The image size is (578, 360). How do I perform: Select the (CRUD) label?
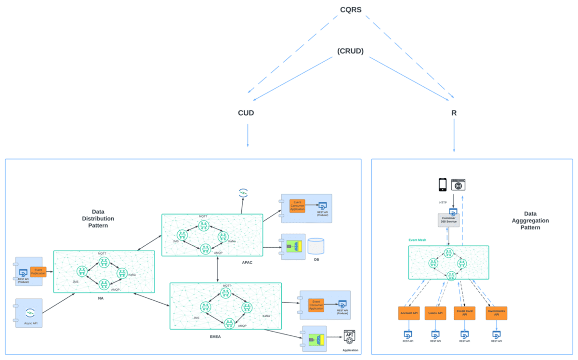[351, 51]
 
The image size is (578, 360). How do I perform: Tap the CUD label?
[246, 113]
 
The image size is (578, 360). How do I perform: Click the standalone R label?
[454, 113]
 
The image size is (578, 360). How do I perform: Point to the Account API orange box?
[409, 313]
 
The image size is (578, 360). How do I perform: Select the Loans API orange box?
[435, 313]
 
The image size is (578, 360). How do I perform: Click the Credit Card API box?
[464, 313]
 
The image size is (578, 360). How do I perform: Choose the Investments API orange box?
[497, 313]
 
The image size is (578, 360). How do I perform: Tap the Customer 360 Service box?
[448, 220]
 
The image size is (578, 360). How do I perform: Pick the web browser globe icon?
[458, 185]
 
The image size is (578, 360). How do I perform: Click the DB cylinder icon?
[316, 246]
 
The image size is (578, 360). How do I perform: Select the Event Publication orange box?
[38, 272]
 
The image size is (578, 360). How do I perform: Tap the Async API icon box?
[29, 313]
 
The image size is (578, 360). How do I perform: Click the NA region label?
[101, 298]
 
